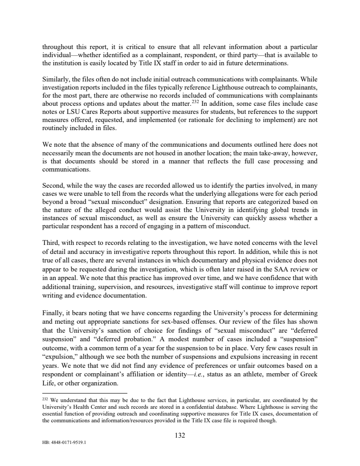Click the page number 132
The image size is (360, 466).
tap(180, 435)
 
